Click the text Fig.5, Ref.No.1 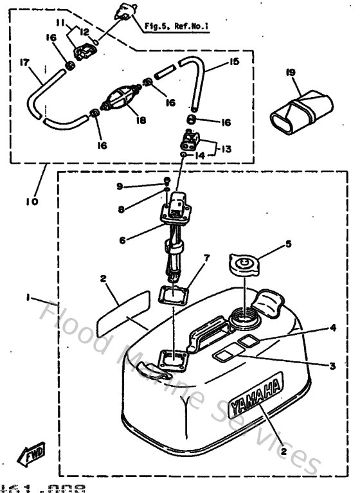coord(177,27)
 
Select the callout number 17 coord(24,62)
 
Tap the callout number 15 coord(233,62)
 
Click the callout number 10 coord(32,201)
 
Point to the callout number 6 coord(122,240)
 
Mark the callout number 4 coord(332,327)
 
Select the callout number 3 coord(332,366)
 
